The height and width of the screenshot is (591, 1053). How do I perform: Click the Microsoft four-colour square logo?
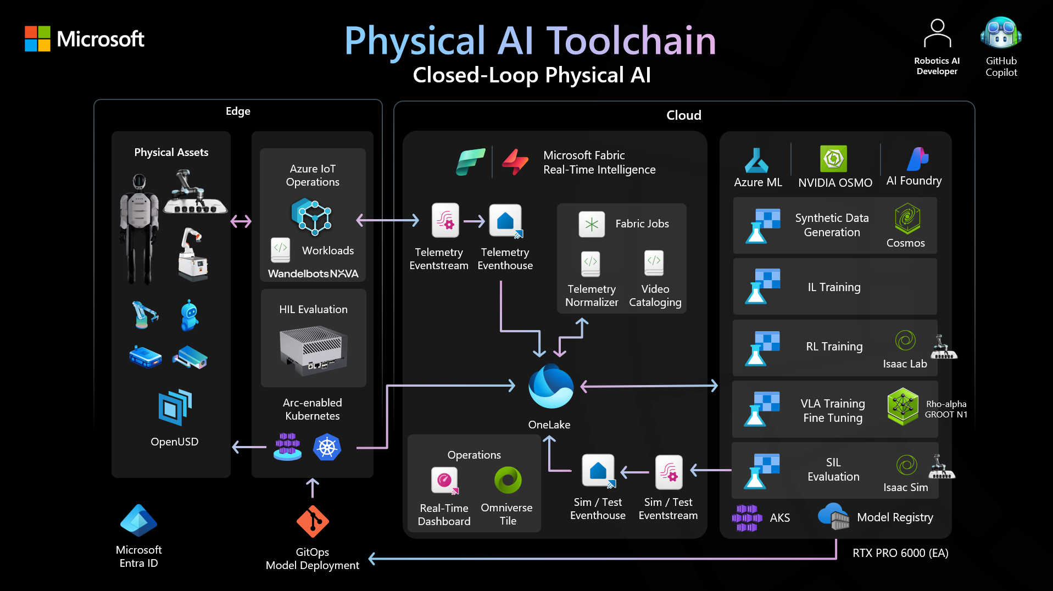[37, 38]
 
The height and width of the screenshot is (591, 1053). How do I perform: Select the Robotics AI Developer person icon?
[937, 34]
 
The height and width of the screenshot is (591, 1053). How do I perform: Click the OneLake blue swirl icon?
[550, 387]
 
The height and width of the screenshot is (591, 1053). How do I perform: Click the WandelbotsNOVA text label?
[313, 274]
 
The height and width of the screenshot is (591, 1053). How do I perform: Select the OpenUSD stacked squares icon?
[175, 407]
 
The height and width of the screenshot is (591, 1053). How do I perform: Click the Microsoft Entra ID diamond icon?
[138, 520]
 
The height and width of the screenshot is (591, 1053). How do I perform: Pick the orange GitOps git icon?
[313, 521]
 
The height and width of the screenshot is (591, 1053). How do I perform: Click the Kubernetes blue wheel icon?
[327, 448]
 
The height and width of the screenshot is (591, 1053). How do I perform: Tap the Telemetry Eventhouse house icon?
[505, 221]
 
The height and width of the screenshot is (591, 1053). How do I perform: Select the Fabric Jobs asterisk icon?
[592, 224]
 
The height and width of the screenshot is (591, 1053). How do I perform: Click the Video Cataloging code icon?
[654, 263]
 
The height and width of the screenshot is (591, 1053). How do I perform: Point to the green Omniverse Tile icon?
[508, 480]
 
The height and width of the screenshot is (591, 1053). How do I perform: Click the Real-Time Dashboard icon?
[444, 481]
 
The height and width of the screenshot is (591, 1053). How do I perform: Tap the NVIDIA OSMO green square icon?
[833, 159]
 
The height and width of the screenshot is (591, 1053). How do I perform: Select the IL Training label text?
[834, 287]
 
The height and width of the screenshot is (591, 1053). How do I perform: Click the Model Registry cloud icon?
[833, 516]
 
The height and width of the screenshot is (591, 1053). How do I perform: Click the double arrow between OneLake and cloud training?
[649, 386]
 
